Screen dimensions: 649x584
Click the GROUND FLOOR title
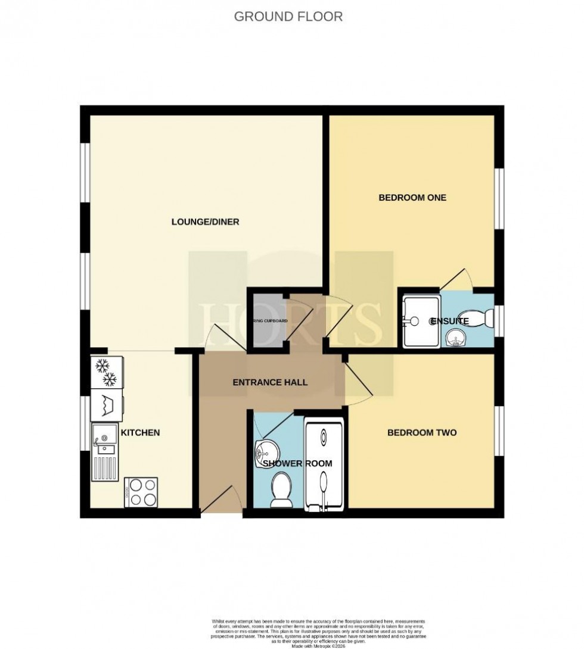288,16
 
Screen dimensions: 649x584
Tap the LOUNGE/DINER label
205,222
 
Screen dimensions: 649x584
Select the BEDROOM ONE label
412,198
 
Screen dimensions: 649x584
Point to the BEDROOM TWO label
422,432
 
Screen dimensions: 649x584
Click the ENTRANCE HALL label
270,382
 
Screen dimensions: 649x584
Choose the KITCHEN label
140,432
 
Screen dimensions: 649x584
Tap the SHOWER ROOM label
294,463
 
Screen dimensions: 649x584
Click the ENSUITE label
449,321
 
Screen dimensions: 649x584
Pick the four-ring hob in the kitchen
141,492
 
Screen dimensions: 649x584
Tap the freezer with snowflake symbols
107,372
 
